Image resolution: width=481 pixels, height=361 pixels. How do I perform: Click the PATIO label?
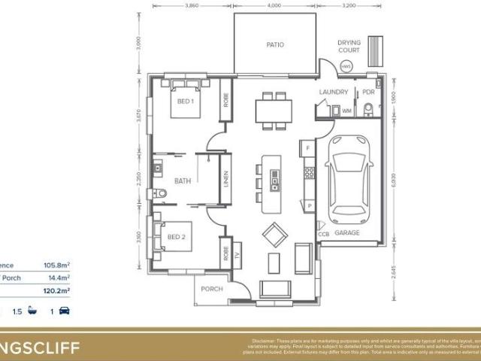tap(274, 45)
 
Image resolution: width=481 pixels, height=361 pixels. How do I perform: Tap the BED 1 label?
tap(186, 101)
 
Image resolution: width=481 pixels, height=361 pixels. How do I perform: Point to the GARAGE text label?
tap(346, 233)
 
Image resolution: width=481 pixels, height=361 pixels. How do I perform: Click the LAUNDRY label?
tap(334, 92)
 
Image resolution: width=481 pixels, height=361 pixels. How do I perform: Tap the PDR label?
tap(368, 92)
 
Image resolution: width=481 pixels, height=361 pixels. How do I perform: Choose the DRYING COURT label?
tap(349, 47)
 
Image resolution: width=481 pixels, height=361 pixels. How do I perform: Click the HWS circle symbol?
tap(346, 67)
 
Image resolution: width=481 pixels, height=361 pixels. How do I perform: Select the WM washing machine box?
tap(346, 111)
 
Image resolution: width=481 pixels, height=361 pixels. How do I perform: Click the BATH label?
tap(183, 181)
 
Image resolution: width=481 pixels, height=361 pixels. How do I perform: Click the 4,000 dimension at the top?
tap(274, 6)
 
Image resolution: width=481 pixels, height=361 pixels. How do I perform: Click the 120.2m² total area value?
tap(57, 290)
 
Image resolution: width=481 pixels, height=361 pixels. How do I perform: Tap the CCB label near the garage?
tap(324, 234)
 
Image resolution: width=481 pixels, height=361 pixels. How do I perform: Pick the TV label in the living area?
tap(237, 254)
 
